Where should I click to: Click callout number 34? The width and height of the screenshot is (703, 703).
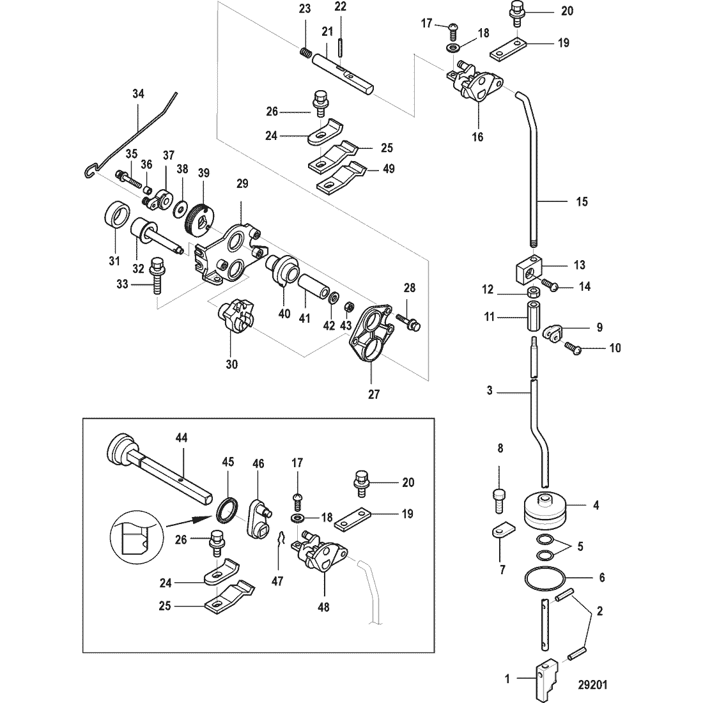tap(138, 94)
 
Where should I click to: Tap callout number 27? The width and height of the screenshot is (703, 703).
tap(374, 394)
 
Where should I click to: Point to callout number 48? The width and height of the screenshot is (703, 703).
tap(323, 606)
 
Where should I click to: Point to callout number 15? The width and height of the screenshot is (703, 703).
tap(582, 201)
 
